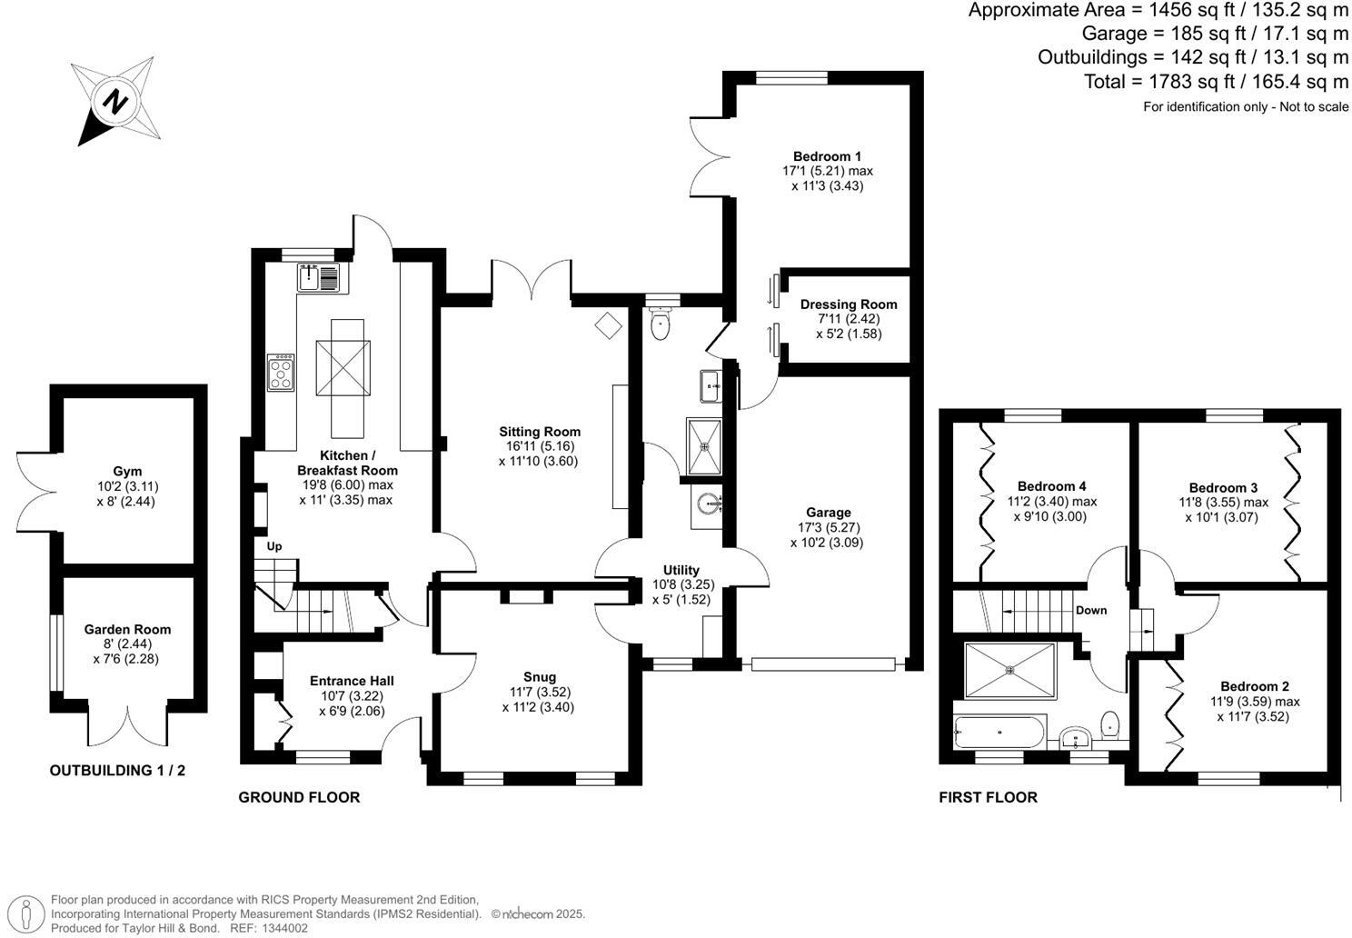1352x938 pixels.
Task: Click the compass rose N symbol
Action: (x=115, y=101)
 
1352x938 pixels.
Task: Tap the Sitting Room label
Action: (x=539, y=432)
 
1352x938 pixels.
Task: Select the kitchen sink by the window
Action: (x=318, y=276)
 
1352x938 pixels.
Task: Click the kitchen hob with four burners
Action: (x=281, y=373)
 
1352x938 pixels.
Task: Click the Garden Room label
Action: (x=127, y=629)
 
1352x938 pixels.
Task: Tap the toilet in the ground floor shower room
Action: (x=661, y=324)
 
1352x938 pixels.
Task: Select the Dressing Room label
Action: (x=848, y=304)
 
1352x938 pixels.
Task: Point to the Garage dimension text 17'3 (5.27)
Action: (x=826, y=527)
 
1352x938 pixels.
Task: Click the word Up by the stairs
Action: (x=274, y=546)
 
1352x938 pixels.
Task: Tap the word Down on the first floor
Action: (x=1091, y=610)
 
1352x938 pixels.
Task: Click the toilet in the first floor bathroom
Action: (x=1110, y=724)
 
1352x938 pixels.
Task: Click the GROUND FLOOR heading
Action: (x=299, y=797)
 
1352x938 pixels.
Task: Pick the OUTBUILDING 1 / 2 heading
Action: (x=117, y=770)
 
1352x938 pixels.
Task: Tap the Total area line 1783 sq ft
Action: (x=1216, y=82)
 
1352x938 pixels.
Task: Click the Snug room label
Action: (x=539, y=676)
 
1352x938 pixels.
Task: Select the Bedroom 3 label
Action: (x=1223, y=487)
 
